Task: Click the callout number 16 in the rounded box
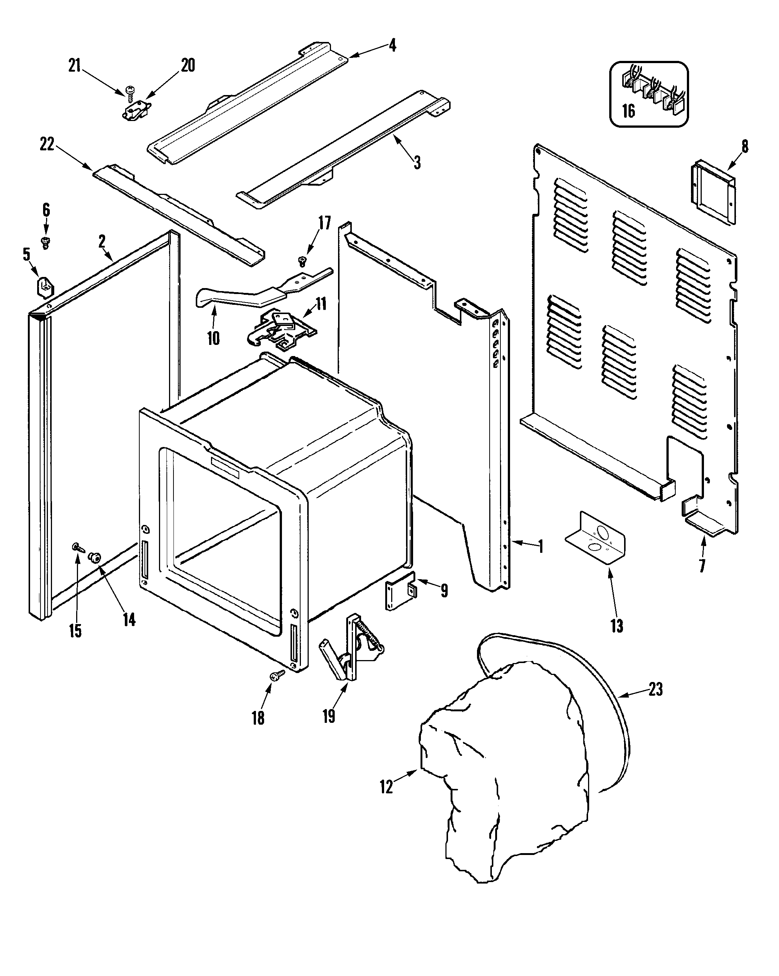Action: pos(628,111)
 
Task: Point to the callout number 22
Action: pos(47,144)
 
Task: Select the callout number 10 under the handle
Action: pos(213,338)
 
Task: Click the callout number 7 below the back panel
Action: pos(702,566)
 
